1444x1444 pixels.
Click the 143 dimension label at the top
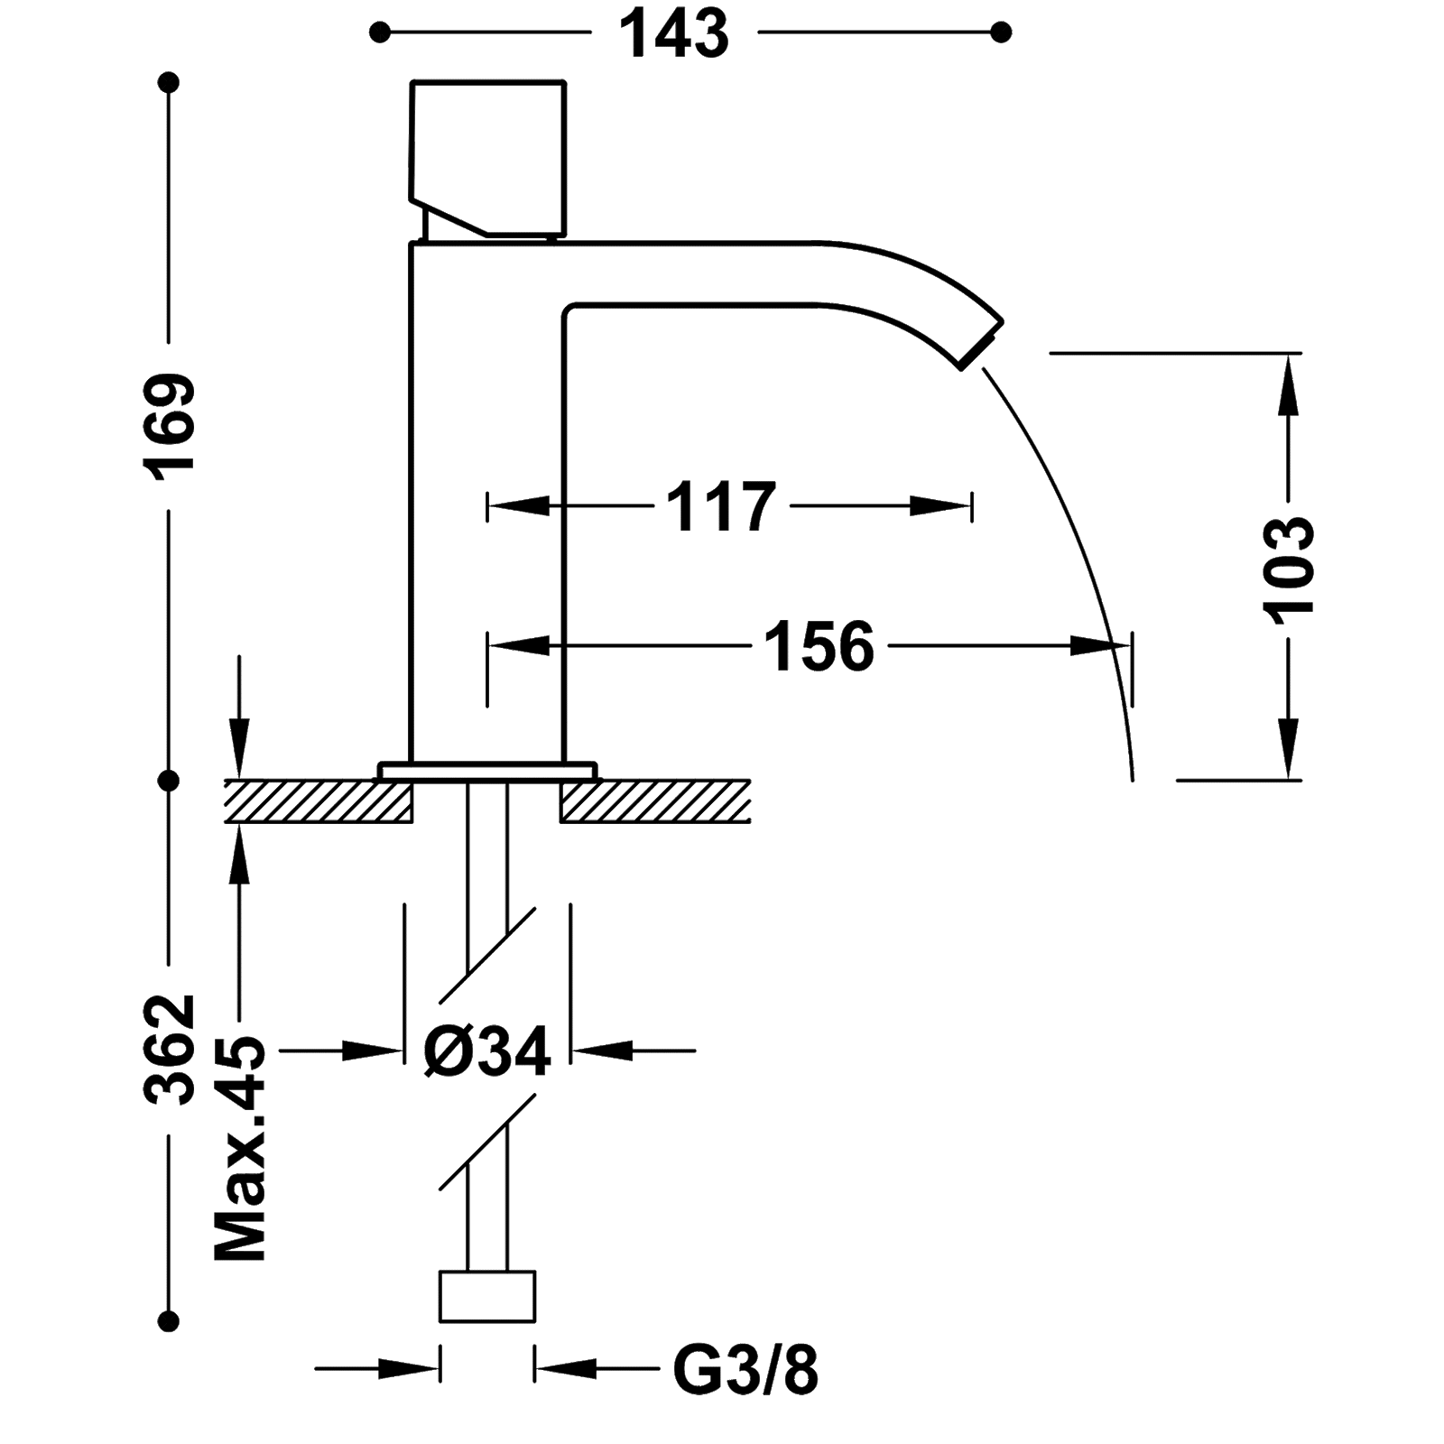coord(675,34)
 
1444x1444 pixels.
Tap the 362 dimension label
coord(170,1049)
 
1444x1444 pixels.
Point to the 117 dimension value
coord(721,506)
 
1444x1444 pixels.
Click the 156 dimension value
coord(819,646)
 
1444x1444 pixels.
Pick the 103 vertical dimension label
coord(1289,566)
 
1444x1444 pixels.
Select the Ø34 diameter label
coord(487,1051)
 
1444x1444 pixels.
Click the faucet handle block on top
coord(488,160)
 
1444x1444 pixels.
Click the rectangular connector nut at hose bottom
coord(487,1297)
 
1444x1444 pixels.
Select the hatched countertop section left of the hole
coord(319,801)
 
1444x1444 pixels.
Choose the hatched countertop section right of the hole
coord(655,801)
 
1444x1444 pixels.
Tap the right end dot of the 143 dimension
coord(1000,33)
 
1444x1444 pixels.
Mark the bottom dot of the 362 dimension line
coord(169,1321)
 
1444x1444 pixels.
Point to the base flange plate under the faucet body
coord(487,770)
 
